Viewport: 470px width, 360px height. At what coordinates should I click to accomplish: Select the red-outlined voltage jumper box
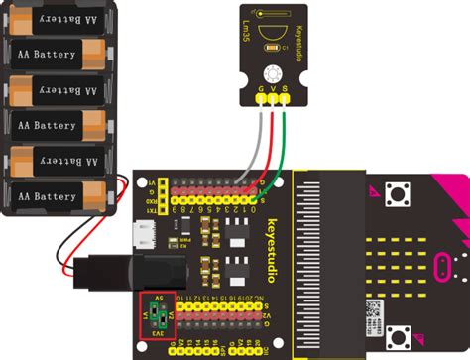pyautogui.click(x=158, y=312)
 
